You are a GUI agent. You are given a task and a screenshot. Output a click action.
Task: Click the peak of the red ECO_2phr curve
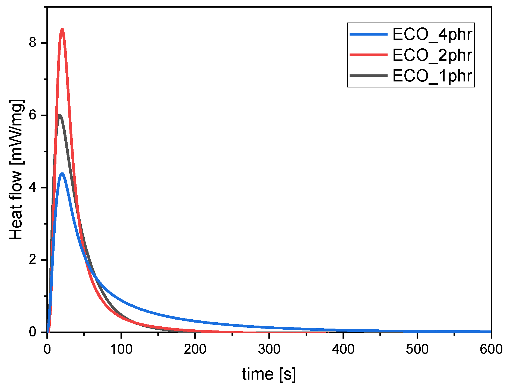[62, 29]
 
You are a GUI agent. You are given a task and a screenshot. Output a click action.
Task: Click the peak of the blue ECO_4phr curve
[62, 174]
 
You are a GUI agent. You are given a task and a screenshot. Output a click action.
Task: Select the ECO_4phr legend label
[432, 34]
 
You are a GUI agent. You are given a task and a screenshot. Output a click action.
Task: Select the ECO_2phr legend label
[432, 55]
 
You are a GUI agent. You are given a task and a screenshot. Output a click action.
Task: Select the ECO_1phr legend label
[432, 76]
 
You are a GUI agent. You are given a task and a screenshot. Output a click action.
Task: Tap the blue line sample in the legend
[368, 34]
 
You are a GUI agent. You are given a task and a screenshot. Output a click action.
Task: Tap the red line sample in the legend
[368, 55]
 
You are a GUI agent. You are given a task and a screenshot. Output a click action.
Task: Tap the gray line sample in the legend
[368, 75]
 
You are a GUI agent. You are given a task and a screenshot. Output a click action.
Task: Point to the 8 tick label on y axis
[33, 43]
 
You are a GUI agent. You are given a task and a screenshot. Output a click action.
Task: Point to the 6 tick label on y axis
[33, 115]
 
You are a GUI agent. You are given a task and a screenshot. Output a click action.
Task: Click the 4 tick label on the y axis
[33, 188]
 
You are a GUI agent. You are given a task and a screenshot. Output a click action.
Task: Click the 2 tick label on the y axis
[33, 260]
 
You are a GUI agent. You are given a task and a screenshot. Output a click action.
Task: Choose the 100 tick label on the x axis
[121, 349]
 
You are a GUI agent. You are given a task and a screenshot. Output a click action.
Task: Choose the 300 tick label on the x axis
[269, 349]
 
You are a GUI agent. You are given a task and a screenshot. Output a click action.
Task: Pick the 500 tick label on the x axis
[417, 349]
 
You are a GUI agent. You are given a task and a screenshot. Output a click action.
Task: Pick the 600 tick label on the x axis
[491, 349]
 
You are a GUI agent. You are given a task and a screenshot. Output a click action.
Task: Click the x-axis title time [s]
[269, 374]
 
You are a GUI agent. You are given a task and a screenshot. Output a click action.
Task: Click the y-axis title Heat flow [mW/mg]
[16, 170]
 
